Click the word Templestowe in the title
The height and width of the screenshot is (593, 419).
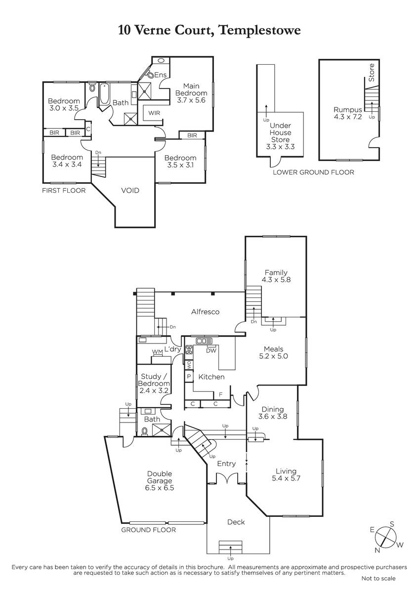coord(260,31)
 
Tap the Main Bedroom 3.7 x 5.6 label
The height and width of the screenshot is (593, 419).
coord(191,93)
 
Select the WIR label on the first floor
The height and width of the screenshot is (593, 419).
coord(154,113)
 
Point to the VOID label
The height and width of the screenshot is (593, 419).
coord(130,190)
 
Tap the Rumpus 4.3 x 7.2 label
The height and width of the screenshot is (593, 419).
coord(347,113)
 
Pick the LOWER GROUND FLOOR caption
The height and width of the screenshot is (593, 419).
coord(313,172)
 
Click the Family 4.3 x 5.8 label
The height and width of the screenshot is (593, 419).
coord(276,276)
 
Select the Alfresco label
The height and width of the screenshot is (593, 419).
coord(205,312)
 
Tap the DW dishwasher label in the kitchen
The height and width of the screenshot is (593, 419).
coord(211,351)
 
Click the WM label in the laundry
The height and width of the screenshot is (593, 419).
coord(157,352)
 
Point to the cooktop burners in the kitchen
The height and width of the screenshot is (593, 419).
coord(189,350)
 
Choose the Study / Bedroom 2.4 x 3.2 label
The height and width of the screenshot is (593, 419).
coord(154,383)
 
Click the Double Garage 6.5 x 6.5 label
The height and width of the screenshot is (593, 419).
coord(159,481)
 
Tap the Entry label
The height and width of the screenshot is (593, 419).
coord(226,464)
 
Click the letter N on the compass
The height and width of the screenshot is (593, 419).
coord(377,551)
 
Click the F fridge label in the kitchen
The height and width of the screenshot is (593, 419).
coord(221,395)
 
